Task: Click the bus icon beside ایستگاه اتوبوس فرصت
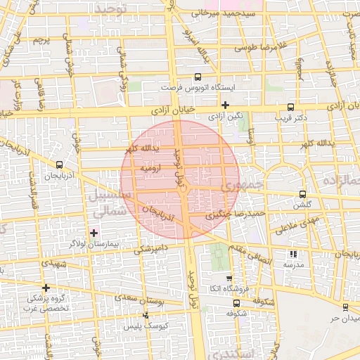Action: point(197,77)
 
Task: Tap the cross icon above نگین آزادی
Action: point(224,105)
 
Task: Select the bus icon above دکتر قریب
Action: point(290,107)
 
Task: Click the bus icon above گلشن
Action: point(302,194)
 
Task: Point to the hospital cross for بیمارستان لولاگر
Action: point(94,232)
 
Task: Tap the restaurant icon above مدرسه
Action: point(293,254)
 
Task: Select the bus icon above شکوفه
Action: point(236,304)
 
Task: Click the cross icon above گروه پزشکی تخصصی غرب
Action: point(46,288)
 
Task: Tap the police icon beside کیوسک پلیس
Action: point(146,316)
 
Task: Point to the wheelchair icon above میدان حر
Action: point(346,307)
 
